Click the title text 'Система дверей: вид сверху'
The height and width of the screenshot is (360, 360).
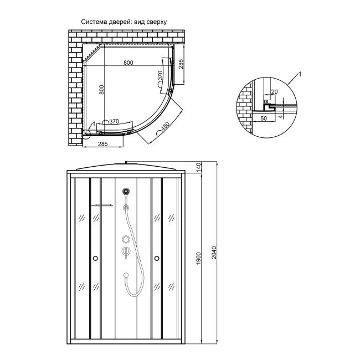[124, 22]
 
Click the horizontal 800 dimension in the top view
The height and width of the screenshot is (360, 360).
[128, 63]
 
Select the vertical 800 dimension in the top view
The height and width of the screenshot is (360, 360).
[102, 90]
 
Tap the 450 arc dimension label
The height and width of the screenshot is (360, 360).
[165, 127]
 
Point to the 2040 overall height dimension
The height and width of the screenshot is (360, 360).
[214, 253]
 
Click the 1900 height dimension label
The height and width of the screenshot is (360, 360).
[199, 258]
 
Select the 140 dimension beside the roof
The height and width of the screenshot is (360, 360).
[199, 167]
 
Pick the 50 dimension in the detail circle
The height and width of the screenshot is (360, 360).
[264, 118]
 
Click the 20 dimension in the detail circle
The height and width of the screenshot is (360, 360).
[274, 92]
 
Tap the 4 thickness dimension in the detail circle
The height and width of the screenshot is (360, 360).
[280, 117]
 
